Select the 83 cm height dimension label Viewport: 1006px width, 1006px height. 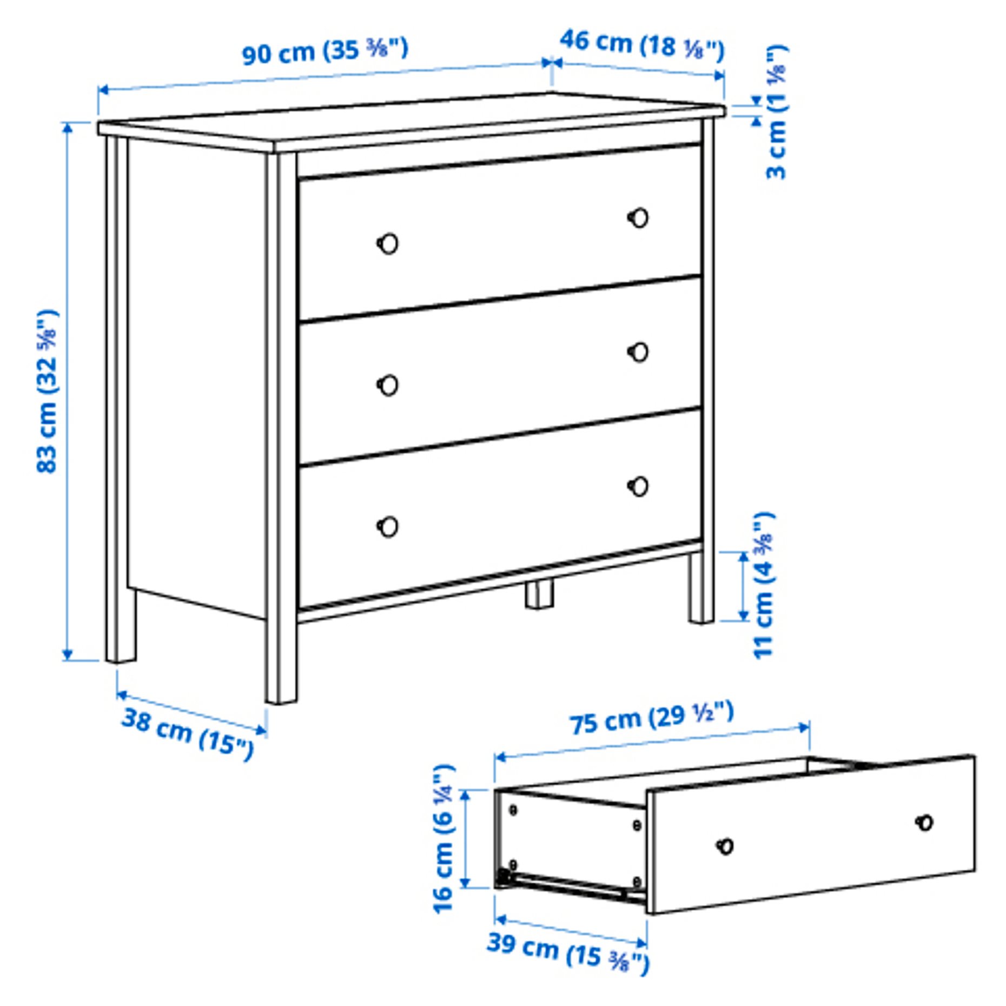[47, 391]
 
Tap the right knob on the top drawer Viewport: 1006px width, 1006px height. [639, 217]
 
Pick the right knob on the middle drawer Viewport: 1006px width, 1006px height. [639, 352]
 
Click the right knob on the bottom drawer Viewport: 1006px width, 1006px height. [639, 486]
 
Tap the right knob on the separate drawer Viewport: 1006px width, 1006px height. [925, 823]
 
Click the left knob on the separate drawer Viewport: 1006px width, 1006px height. [725, 846]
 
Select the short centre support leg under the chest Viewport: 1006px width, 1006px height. [539, 594]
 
